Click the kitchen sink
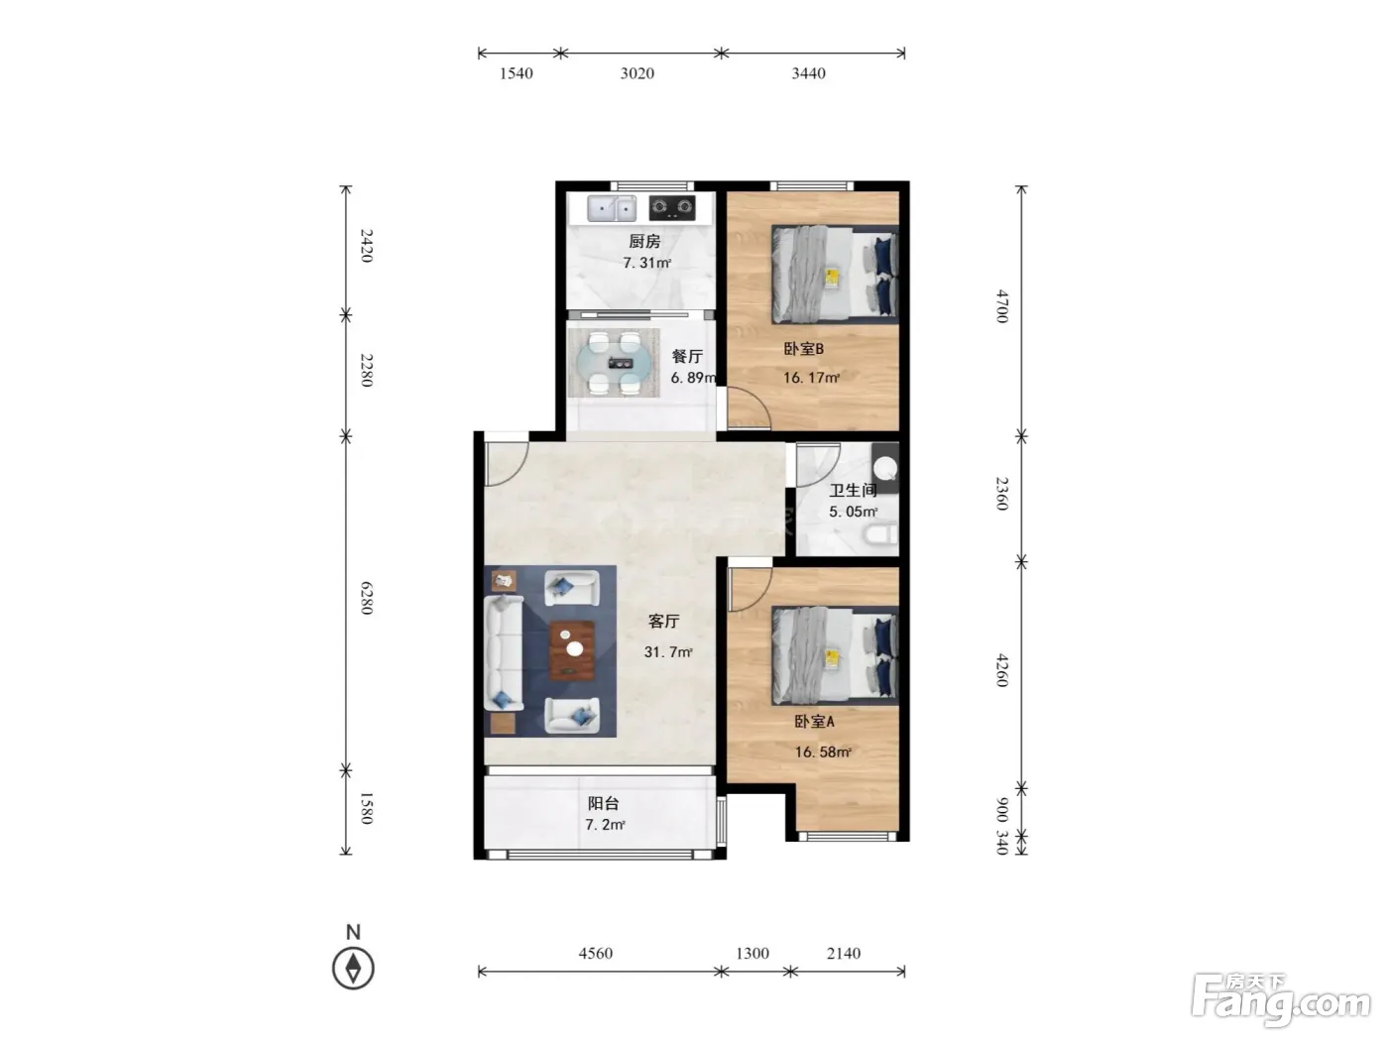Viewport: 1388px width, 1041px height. pyautogui.click(x=611, y=208)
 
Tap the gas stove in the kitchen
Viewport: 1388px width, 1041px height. pyautogui.click(x=671, y=208)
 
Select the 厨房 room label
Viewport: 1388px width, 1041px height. pyautogui.click(x=644, y=241)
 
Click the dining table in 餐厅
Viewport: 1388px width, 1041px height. pyautogui.click(x=614, y=363)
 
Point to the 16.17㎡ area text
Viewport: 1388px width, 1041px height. pyautogui.click(x=811, y=378)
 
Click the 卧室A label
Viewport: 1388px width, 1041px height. pyautogui.click(x=815, y=721)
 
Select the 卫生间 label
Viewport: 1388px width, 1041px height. pyautogui.click(x=853, y=490)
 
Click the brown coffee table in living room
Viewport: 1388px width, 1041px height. pyautogui.click(x=572, y=650)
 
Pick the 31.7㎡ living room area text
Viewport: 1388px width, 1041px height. pyautogui.click(x=668, y=651)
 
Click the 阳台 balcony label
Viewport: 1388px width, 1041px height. pyautogui.click(x=603, y=803)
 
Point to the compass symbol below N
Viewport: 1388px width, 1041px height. pyautogui.click(x=353, y=969)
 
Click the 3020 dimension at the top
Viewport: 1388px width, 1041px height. pyautogui.click(x=636, y=73)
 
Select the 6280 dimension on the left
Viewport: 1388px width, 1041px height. pyautogui.click(x=367, y=598)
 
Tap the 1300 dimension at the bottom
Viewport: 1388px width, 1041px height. pyautogui.click(x=752, y=953)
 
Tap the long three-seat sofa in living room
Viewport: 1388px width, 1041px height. pyautogui.click(x=504, y=653)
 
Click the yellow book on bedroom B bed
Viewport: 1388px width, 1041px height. pyautogui.click(x=832, y=278)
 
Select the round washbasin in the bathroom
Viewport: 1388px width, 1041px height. pyautogui.click(x=884, y=468)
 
